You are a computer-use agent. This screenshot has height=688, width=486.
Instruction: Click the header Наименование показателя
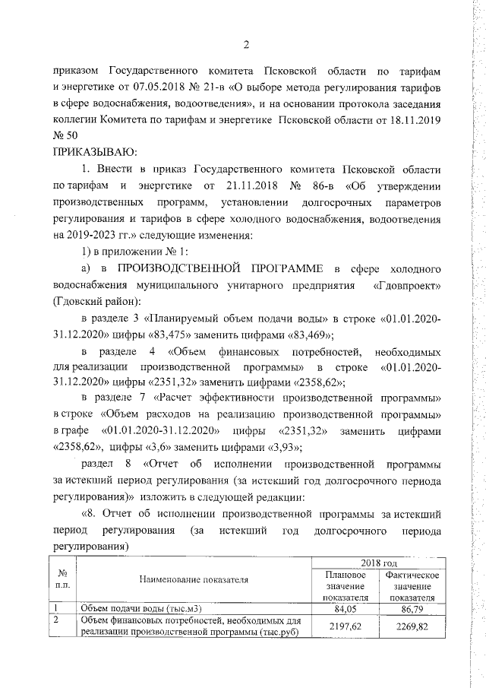click(x=194, y=580)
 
